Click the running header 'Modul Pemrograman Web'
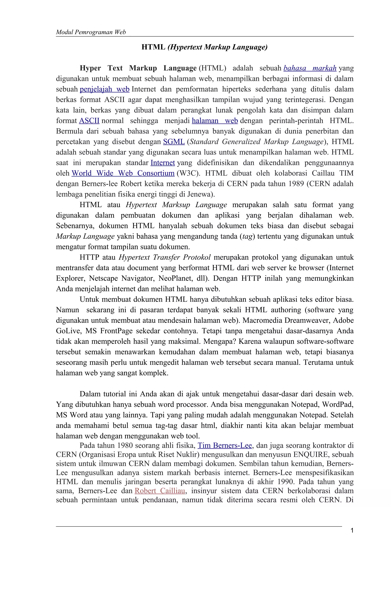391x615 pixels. (x=91, y=32)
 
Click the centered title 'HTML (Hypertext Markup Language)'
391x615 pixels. (x=204, y=47)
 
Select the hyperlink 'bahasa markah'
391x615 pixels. (x=310, y=68)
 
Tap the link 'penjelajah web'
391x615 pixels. (x=104, y=89)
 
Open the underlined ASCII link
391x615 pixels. (x=89, y=121)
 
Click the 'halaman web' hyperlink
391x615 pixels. (x=215, y=121)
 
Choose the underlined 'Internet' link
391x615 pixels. (x=163, y=163)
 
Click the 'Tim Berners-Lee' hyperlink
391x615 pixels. (x=225, y=446)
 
